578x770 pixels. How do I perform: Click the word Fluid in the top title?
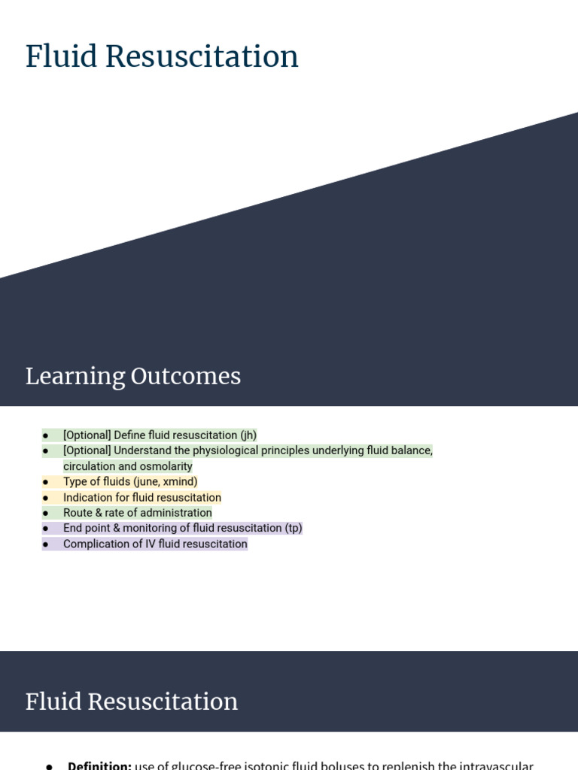click(59, 56)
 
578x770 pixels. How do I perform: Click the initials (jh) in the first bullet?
click(248, 435)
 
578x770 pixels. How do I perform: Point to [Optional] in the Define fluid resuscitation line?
click(87, 435)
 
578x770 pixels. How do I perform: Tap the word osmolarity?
click(166, 466)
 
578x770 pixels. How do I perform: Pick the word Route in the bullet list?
click(78, 513)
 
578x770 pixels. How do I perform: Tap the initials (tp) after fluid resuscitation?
click(294, 529)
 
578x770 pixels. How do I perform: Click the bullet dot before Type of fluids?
click(46, 482)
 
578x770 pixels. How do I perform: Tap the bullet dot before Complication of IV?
click(46, 544)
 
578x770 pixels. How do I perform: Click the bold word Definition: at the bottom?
click(99, 765)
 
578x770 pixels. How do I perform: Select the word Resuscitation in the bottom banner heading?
click(163, 702)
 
